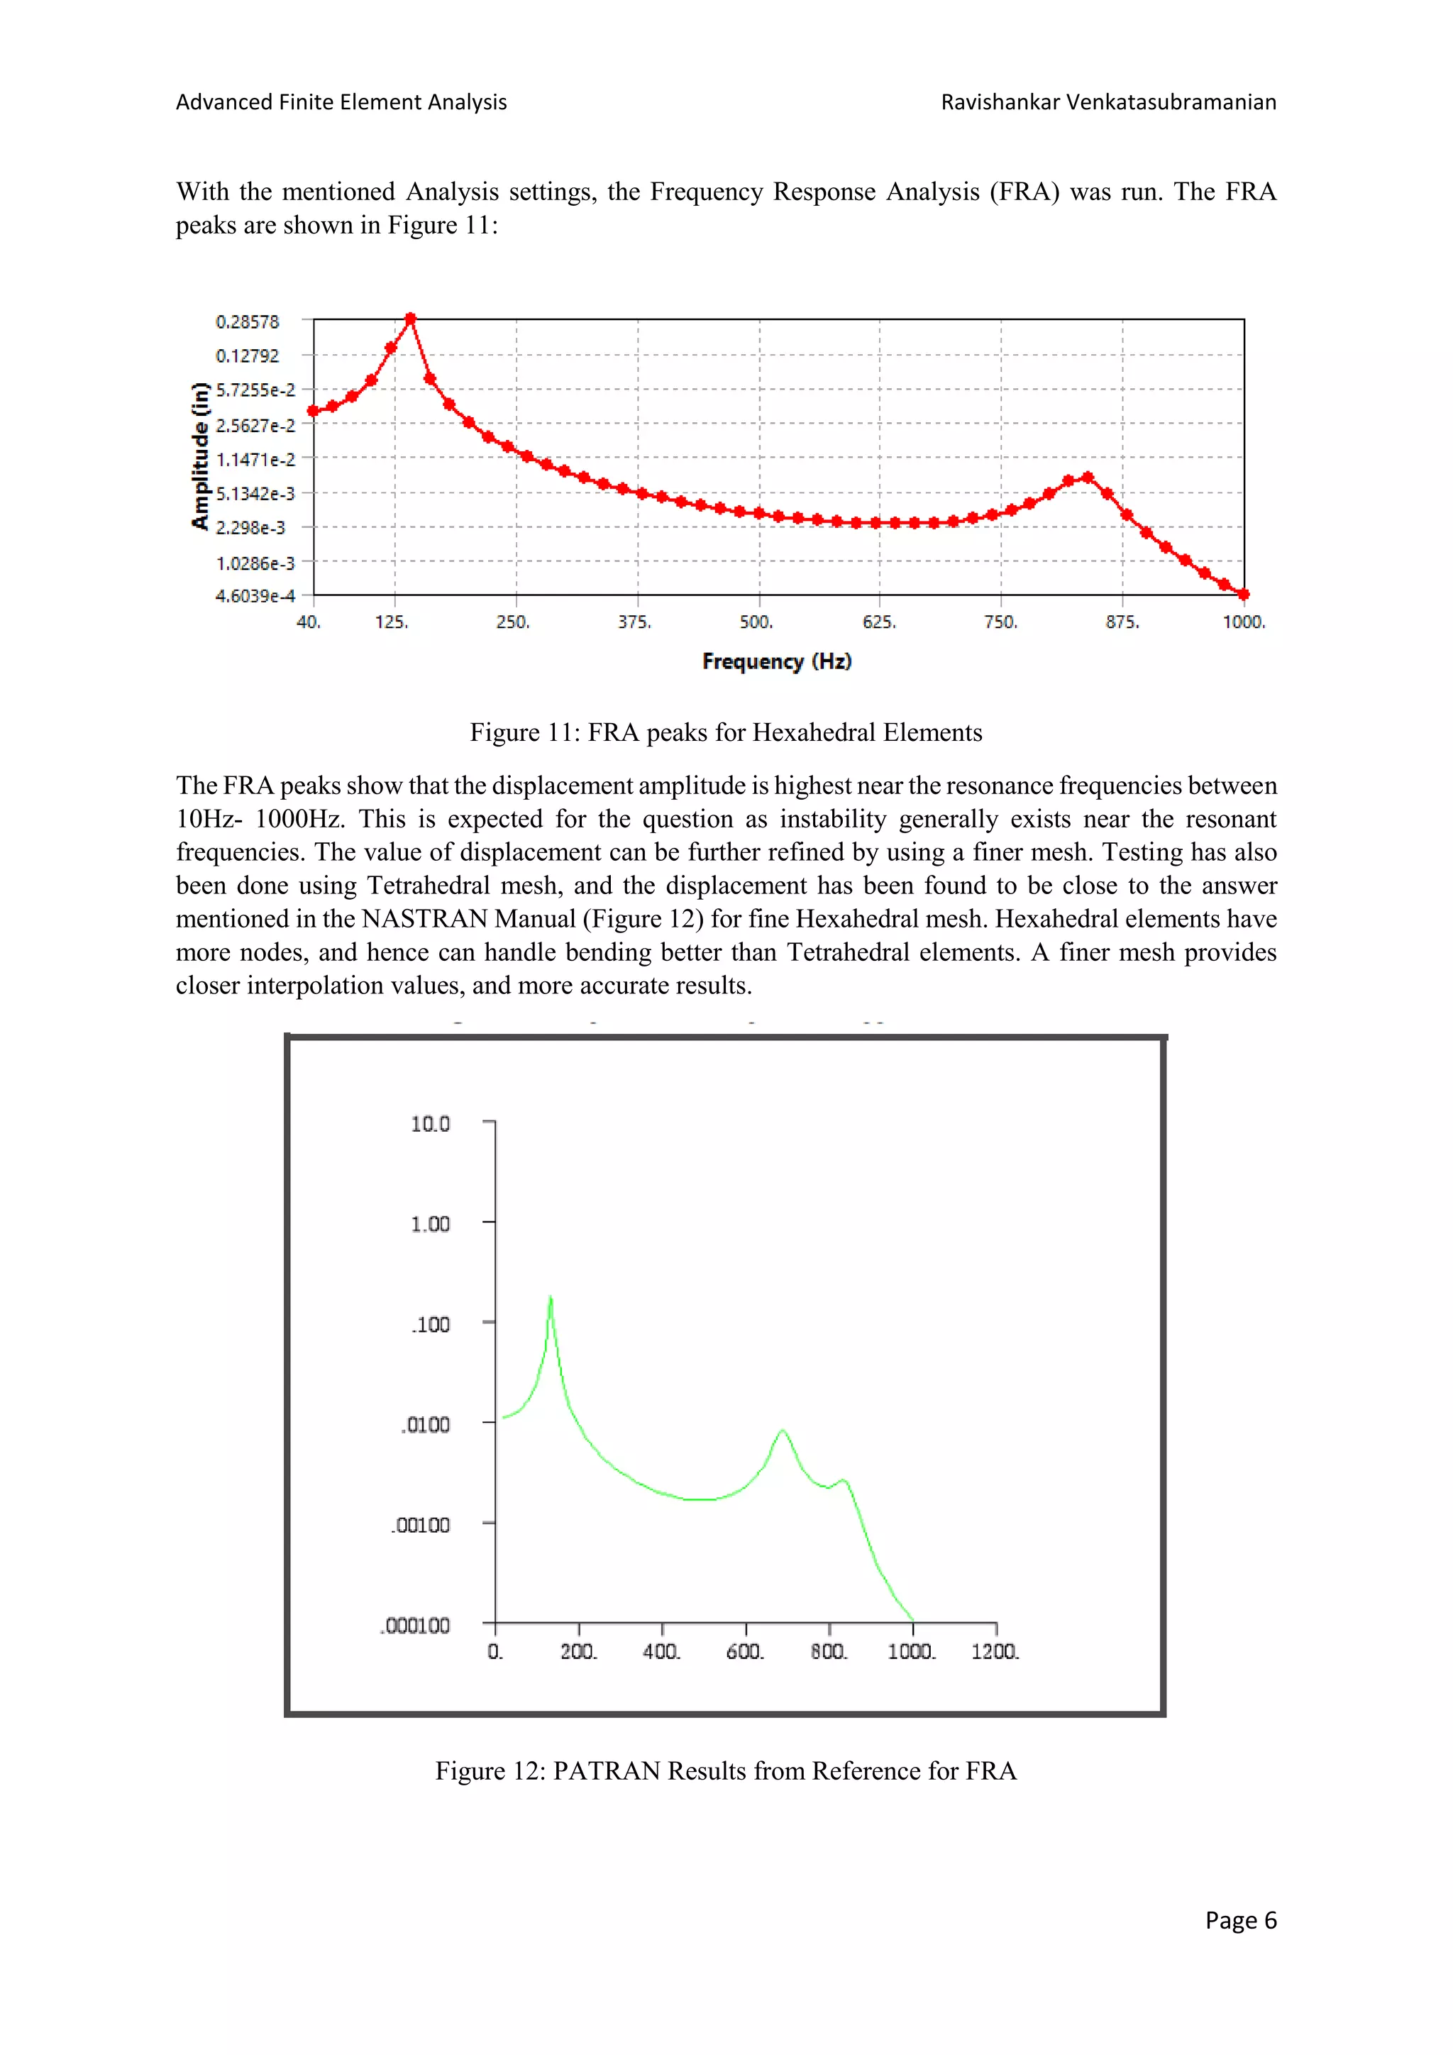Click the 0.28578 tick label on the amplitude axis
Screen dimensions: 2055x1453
coord(247,322)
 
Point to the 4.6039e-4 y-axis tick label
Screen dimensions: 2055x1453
coord(255,596)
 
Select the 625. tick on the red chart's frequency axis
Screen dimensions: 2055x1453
coord(878,622)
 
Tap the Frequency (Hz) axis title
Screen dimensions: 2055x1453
coord(777,661)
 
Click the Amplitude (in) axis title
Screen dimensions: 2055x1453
coord(199,456)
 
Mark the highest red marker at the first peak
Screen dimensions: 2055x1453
coord(411,319)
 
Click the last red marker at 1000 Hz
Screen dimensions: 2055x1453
coord(1244,595)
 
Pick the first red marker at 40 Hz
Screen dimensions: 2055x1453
coord(313,412)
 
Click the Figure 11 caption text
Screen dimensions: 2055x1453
coord(726,733)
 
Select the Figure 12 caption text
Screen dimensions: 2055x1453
coord(726,1771)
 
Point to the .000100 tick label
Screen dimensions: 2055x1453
coord(415,1626)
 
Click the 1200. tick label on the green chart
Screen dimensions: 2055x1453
coord(995,1651)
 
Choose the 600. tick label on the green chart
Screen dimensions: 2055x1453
coord(744,1651)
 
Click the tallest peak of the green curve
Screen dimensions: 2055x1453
coord(551,1298)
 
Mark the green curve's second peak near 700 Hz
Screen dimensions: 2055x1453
coord(783,1431)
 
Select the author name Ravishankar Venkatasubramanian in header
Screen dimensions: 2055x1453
coord(1107,102)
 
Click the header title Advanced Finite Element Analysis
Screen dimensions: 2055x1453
coord(341,102)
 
